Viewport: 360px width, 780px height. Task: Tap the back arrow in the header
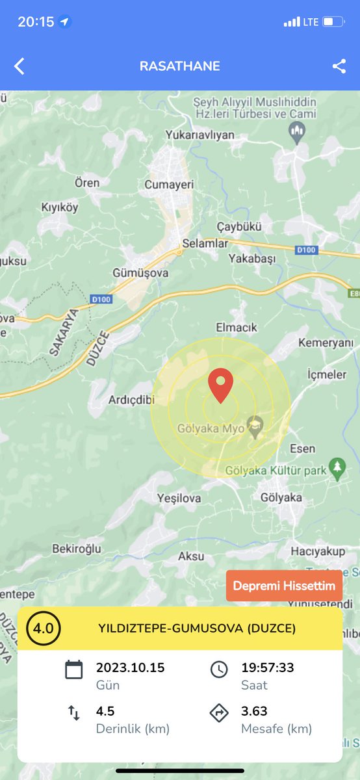click(19, 66)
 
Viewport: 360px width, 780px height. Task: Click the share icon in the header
click(339, 66)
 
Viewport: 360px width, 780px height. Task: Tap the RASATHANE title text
click(180, 66)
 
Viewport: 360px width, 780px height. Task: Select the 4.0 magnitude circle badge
click(44, 629)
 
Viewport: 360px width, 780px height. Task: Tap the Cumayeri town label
click(170, 185)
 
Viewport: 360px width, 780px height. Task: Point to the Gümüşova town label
click(140, 273)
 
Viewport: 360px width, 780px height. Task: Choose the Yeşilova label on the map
click(179, 498)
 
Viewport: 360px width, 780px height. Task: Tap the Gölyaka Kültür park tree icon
click(337, 467)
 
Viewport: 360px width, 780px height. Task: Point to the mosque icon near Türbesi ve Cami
click(297, 135)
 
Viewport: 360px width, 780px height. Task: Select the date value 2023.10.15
click(130, 668)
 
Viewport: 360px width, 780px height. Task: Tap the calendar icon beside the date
click(74, 669)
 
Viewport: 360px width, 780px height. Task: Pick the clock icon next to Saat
click(219, 669)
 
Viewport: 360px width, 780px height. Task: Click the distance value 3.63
click(255, 711)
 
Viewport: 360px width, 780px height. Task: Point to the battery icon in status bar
click(333, 22)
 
